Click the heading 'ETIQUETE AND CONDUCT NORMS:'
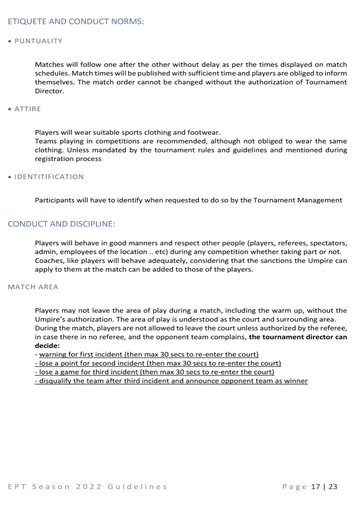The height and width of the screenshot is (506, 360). [x=76, y=22]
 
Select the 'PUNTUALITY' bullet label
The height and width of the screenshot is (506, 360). [x=38, y=41]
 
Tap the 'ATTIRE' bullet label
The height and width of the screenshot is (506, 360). [x=28, y=109]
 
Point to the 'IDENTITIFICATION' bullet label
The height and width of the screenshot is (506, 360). [x=49, y=177]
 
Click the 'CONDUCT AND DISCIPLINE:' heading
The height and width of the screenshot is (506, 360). [x=62, y=224]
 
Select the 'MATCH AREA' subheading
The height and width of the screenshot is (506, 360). [x=33, y=287]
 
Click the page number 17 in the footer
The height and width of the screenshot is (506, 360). [x=316, y=487]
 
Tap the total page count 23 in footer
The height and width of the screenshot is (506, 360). [x=333, y=487]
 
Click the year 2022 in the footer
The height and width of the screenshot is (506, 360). [x=89, y=487]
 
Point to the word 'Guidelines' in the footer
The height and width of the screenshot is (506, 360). [x=137, y=487]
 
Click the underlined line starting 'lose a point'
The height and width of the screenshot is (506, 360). [x=158, y=363]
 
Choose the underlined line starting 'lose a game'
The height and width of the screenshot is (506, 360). [x=154, y=372]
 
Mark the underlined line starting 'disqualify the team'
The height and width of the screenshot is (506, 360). [x=171, y=381]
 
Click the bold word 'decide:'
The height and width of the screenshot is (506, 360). [x=47, y=346]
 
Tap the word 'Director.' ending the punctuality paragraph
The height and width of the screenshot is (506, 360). [x=49, y=91]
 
